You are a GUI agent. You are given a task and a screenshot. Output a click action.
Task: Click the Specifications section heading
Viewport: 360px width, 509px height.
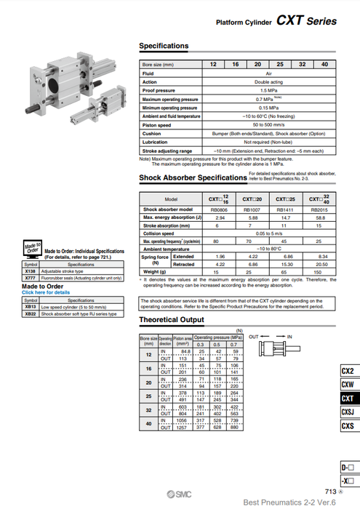[x=164, y=46]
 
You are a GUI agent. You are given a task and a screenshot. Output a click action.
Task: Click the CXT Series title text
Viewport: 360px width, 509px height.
[x=306, y=21]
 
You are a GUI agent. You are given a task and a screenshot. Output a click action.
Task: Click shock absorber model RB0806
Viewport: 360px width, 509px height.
[x=218, y=209]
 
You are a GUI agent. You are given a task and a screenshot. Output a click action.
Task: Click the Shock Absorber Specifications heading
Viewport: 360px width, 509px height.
[x=193, y=177]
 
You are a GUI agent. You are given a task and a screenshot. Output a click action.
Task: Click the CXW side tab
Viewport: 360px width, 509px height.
[x=348, y=385]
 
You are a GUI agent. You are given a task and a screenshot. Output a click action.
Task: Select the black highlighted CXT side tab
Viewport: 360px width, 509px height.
[x=348, y=398]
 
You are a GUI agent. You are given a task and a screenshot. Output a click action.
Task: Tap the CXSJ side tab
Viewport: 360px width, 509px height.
[x=348, y=412]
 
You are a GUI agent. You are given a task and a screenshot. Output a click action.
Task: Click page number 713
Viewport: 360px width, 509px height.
[x=329, y=492]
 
